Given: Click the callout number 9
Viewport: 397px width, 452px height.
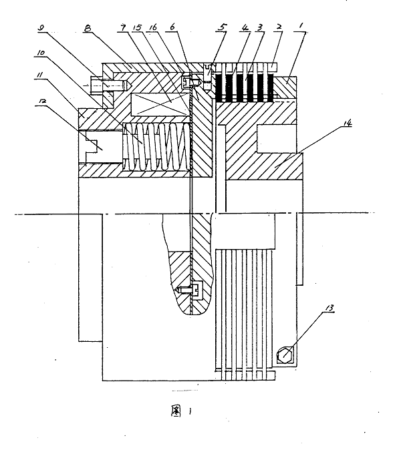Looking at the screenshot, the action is pyautogui.click(x=41, y=28).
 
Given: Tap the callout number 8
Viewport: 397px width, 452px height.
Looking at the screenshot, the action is pyautogui.click(x=88, y=28).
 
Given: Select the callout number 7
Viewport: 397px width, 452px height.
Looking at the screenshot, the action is pyautogui.click(x=123, y=27).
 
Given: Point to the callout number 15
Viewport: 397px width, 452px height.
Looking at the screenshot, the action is pyautogui.click(x=137, y=27).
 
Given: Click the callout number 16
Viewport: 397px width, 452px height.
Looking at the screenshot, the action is pyautogui.click(x=152, y=27).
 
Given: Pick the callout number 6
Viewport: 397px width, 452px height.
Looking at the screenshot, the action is pyautogui.click(x=172, y=27).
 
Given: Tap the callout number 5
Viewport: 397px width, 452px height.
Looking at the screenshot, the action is pyautogui.click(x=222, y=27).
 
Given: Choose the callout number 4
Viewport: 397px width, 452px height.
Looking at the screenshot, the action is pyautogui.click(x=245, y=27).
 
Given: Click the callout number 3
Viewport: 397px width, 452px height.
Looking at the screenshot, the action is pyautogui.click(x=260, y=27).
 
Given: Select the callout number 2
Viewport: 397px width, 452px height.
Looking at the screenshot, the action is pyautogui.click(x=279, y=27).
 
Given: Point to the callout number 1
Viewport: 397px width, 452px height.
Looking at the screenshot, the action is pyautogui.click(x=301, y=26).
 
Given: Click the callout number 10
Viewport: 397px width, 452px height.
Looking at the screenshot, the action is pyautogui.click(x=41, y=53).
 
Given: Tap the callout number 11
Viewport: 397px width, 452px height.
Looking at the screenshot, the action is pyautogui.click(x=39, y=75).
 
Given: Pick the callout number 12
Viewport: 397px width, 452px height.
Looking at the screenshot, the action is pyautogui.click(x=41, y=101).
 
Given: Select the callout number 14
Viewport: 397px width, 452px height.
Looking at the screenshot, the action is pyautogui.click(x=348, y=123).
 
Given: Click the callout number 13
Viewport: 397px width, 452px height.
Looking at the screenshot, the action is pyautogui.click(x=329, y=308).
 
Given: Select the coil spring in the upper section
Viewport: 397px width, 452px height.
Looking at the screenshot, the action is pyautogui.click(x=156, y=147).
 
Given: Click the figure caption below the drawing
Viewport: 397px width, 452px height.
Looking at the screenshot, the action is pyautogui.click(x=181, y=411).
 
